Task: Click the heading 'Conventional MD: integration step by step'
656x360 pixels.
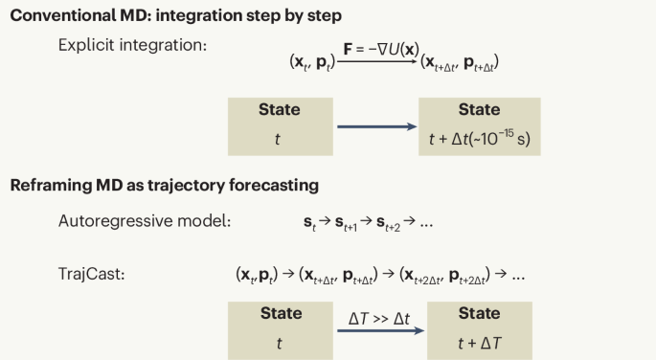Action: (x=175, y=16)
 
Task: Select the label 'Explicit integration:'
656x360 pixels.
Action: (x=132, y=45)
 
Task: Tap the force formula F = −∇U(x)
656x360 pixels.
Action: (x=381, y=50)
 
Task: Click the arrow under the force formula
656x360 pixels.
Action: (x=377, y=62)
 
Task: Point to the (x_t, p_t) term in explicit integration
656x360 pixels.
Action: (x=312, y=62)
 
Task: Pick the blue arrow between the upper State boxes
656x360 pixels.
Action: (x=377, y=126)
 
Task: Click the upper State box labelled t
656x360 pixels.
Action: (x=281, y=126)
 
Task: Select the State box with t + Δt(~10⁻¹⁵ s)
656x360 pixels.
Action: (x=480, y=126)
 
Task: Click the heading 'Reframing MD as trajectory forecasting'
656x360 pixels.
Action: (x=165, y=185)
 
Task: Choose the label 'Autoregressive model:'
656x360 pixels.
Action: (x=145, y=221)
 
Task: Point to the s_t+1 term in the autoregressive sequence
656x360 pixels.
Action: (x=346, y=223)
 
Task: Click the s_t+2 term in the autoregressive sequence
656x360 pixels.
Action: (x=388, y=223)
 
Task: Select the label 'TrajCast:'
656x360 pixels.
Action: (x=92, y=274)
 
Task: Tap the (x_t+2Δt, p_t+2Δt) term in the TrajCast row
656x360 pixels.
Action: (x=444, y=276)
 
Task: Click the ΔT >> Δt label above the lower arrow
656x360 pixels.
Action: (x=379, y=319)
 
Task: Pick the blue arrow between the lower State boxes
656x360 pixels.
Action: (x=381, y=330)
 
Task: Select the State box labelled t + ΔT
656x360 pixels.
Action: (x=480, y=330)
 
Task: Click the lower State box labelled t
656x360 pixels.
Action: (x=281, y=330)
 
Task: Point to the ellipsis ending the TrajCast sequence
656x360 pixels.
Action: (x=518, y=279)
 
